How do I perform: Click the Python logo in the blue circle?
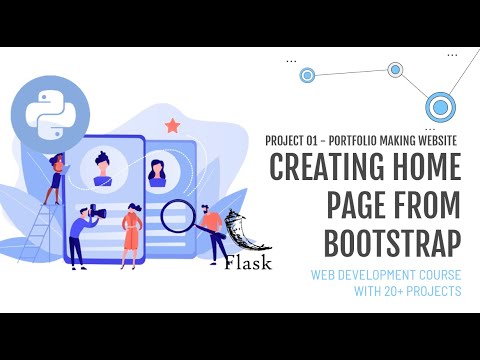pos(47,114)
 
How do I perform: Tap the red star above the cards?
pos(172,125)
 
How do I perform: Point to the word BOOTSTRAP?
pos(392,241)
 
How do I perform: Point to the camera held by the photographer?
pos(98,211)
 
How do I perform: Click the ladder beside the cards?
pos(35,225)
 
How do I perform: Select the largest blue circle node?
pos(439,107)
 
